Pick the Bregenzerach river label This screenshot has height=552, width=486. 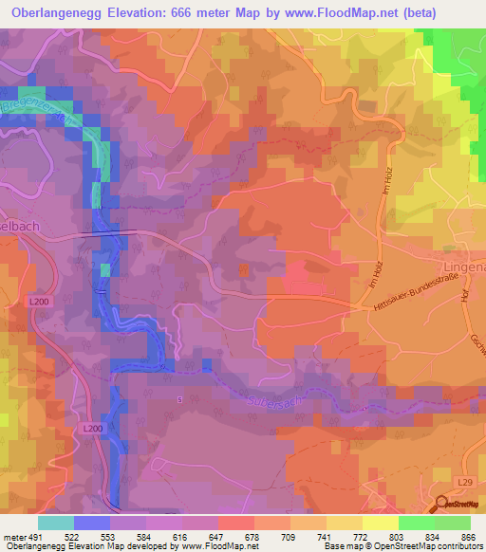coord(38,103)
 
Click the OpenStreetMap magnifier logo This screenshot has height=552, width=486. coord(442,505)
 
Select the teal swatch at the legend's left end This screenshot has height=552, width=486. coord(56,523)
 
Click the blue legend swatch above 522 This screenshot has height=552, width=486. coord(92,523)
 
